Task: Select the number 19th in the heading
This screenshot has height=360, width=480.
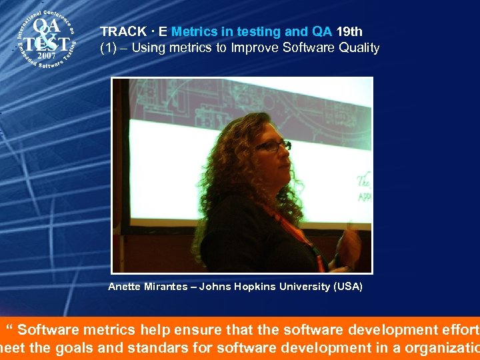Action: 349,31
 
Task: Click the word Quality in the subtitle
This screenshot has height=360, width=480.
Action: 359,48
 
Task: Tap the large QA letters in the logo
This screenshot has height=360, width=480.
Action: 47,27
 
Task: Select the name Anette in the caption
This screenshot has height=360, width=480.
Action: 125,287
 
